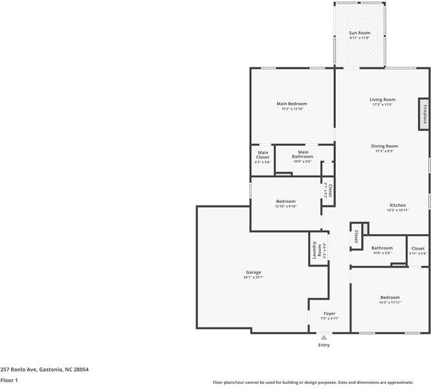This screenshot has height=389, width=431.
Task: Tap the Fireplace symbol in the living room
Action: tap(425, 114)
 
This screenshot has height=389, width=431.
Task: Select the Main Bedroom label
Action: tap(292, 104)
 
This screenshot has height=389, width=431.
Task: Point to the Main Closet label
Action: tap(263, 155)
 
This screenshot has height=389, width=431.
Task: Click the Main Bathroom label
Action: tap(303, 154)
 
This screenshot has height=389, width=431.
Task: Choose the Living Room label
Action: tap(382, 100)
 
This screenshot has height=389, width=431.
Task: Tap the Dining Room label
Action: tap(384, 147)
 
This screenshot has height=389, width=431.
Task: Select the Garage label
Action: tap(253, 272)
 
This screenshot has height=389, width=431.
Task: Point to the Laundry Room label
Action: tap(315, 250)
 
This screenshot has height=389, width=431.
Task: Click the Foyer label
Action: tap(329, 313)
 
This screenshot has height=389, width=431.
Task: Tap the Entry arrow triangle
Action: tap(324, 337)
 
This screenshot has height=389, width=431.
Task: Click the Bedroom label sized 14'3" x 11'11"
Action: tap(390, 298)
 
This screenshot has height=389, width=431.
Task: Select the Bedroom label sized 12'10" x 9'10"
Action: tap(285, 202)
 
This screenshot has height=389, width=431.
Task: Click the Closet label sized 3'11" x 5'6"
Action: tap(418, 248)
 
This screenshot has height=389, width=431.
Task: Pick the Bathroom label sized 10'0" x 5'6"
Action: tap(381, 248)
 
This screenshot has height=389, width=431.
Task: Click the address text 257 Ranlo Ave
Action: tap(44, 369)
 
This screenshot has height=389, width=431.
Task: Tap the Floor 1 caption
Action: tap(9, 381)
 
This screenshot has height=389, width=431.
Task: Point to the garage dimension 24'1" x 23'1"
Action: tap(253, 277)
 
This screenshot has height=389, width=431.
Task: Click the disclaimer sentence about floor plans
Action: tap(320, 383)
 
